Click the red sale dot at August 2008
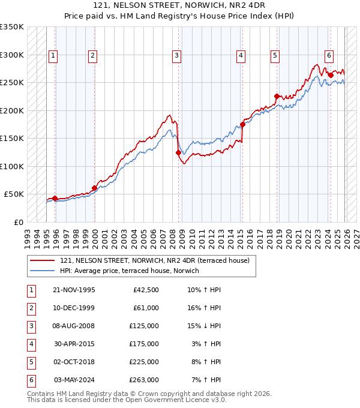click(178, 152)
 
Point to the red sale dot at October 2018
click(277, 96)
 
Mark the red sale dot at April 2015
click(243, 124)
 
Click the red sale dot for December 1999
click(94, 188)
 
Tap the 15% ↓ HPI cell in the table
click(204, 326)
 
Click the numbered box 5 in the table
click(31, 362)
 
